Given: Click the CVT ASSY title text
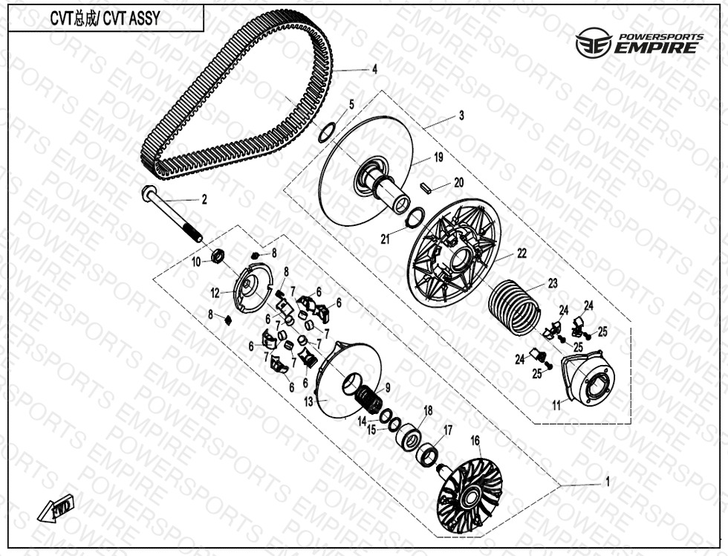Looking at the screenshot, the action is tap(105, 18).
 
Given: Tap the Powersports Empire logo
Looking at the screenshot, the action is tap(640, 42).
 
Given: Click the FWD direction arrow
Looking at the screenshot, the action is tap(56, 508).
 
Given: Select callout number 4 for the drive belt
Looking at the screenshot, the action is tap(374, 70).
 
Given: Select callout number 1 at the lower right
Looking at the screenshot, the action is tap(608, 482).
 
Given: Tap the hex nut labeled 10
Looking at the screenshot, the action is tap(218, 255).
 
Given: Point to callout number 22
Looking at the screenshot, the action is tap(521, 253).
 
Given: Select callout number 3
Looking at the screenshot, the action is tap(461, 115).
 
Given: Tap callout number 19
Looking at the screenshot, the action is tap(438, 158).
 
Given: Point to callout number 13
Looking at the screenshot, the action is tap(309, 401).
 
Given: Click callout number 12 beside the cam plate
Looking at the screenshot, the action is tap(215, 293).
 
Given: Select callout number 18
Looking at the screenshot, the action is tap(428, 410).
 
